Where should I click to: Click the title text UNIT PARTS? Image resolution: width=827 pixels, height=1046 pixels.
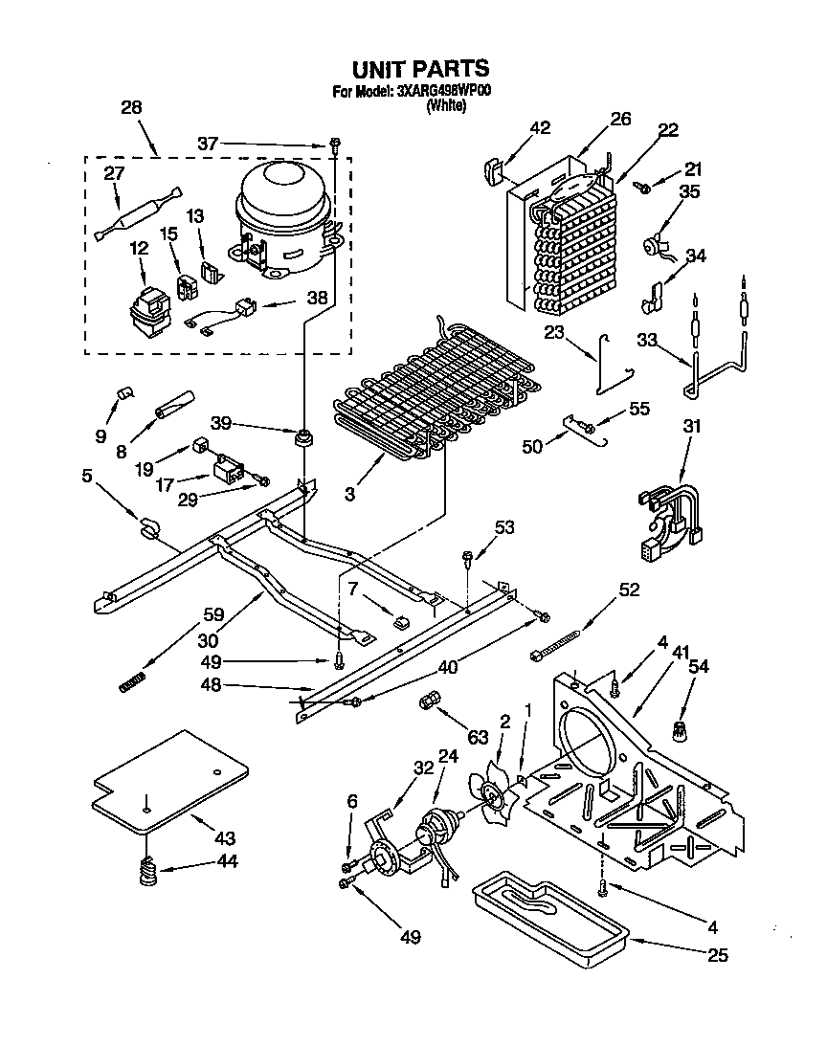pos(420,69)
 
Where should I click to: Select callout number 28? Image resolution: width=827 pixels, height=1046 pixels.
pos(132,108)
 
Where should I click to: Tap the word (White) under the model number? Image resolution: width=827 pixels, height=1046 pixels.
pos(445,107)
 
